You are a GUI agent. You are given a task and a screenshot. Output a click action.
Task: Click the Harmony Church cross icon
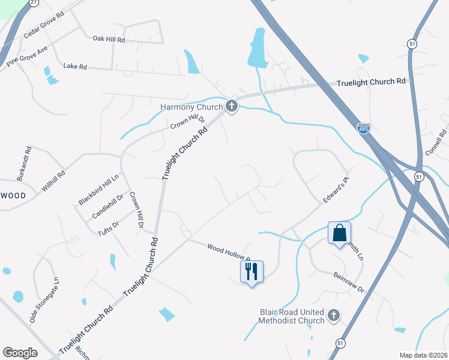(x=232, y=107)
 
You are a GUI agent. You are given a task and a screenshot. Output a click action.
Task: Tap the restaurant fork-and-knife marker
(x=251, y=271)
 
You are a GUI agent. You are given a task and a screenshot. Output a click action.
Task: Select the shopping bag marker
(x=339, y=233)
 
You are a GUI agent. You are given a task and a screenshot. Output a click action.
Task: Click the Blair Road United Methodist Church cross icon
(x=334, y=315)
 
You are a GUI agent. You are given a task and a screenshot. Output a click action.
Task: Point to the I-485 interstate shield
(x=363, y=128)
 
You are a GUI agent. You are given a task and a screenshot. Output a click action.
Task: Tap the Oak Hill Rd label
(x=109, y=39)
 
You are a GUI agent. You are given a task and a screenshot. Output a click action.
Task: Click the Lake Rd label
(x=75, y=66)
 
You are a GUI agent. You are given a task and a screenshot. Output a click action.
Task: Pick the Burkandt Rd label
(x=23, y=163)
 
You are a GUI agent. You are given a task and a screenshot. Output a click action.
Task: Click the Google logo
(x=20, y=353)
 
